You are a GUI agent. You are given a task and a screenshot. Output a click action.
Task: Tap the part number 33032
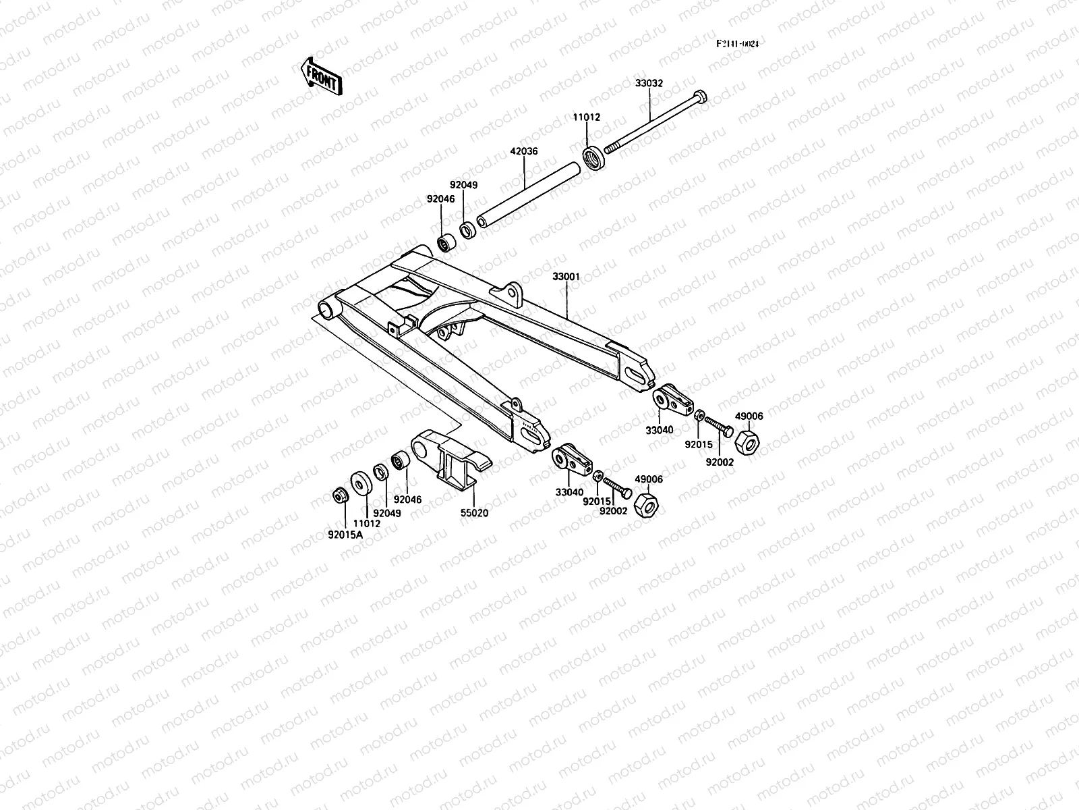pyautogui.click(x=649, y=83)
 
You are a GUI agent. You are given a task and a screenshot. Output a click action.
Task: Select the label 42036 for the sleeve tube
pyautogui.click(x=524, y=152)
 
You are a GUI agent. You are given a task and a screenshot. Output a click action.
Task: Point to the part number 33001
pyautogui.click(x=566, y=277)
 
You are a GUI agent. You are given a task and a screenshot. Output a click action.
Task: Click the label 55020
pyautogui.click(x=474, y=512)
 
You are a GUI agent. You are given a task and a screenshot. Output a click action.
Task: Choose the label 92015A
pyautogui.click(x=345, y=535)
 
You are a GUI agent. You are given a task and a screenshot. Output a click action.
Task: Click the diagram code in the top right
pyautogui.click(x=737, y=44)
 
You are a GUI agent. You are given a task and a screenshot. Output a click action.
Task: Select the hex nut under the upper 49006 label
pyautogui.click(x=747, y=443)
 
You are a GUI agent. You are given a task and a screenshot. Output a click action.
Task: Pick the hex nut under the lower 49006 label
pyautogui.click(x=648, y=505)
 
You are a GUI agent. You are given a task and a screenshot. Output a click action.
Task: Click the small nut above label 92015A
pyautogui.click(x=339, y=495)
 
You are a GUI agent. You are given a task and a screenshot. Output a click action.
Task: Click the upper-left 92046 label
pyautogui.click(x=440, y=199)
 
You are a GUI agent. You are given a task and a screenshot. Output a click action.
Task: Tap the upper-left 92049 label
pyautogui.click(x=464, y=184)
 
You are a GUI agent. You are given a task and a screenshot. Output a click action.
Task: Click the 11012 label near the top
pyautogui.click(x=587, y=117)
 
